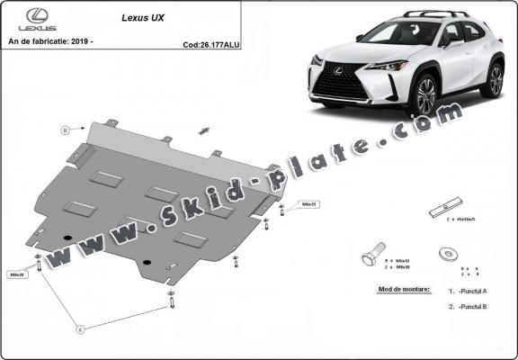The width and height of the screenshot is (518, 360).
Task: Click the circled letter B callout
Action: pyautogui.click(x=65, y=130)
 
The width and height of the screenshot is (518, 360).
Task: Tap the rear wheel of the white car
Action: pyautogui.click(x=493, y=79)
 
